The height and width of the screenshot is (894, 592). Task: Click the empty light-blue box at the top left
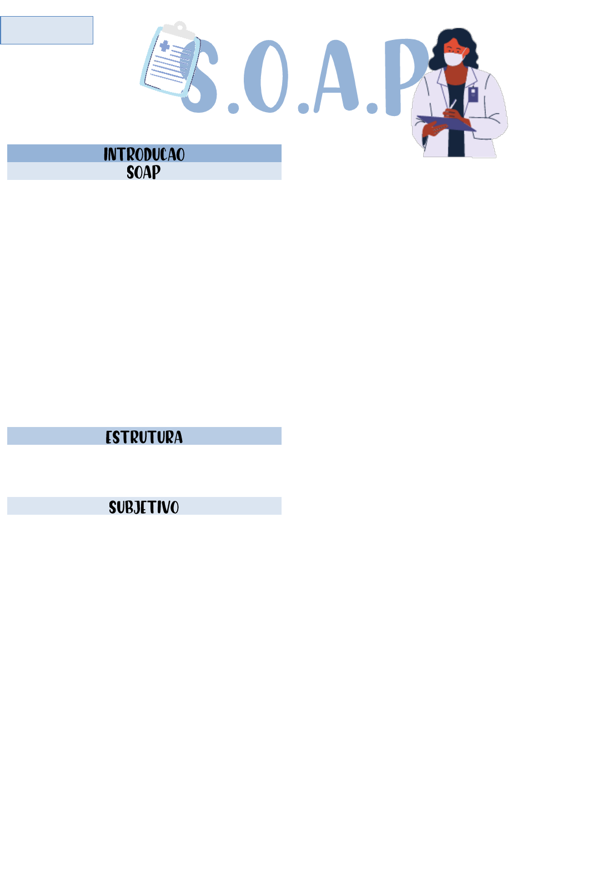click(x=47, y=30)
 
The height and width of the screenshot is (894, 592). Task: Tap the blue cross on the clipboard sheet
click(x=165, y=46)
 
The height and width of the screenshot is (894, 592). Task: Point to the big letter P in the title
click(x=403, y=72)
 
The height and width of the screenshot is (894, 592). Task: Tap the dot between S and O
click(x=233, y=108)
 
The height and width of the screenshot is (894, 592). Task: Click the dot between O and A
click(x=303, y=108)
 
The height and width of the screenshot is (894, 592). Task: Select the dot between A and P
click(x=372, y=108)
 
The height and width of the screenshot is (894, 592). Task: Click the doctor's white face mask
click(x=454, y=57)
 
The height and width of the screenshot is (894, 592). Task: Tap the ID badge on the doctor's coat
click(x=473, y=93)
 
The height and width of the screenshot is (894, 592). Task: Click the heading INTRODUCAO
click(x=144, y=154)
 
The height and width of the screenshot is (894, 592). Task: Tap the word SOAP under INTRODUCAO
click(x=144, y=172)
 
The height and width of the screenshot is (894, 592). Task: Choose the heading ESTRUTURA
click(x=144, y=436)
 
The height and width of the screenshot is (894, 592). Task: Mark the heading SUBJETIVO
click(x=144, y=506)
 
